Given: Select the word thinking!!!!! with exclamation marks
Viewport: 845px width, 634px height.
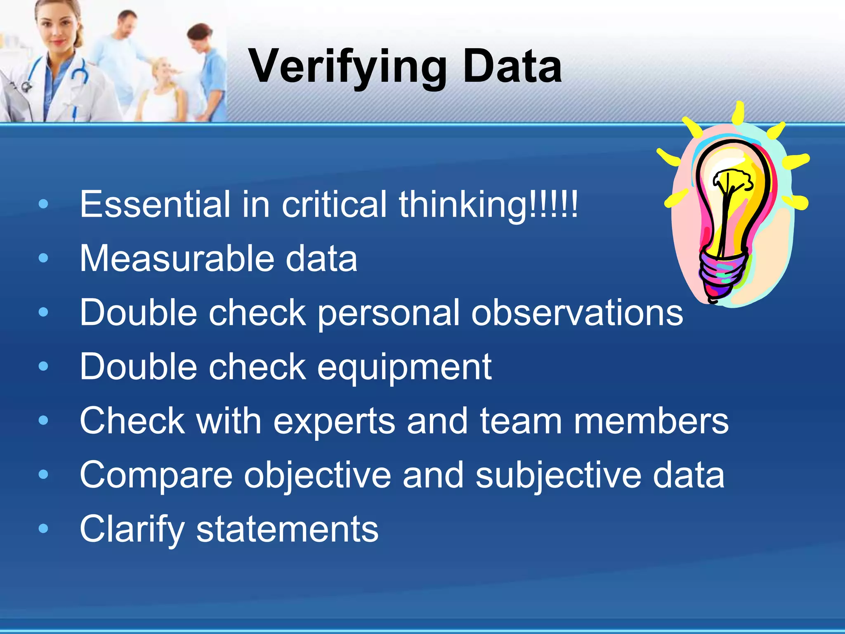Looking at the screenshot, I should pyautogui.click(x=489, y=205).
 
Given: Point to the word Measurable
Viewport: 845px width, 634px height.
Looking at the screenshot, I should pyautogui.click(x=177, y=258).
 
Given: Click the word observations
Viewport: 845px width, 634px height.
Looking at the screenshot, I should pyautogui.click(x=577, y=312).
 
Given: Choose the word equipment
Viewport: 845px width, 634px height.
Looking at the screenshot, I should pyautogui.click(x=404, y=367).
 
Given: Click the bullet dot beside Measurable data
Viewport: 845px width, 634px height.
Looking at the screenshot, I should pyautogui.click(x=43, y=258).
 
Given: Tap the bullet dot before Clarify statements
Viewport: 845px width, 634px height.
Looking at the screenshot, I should pyautogui.click(x=43, y=529).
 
